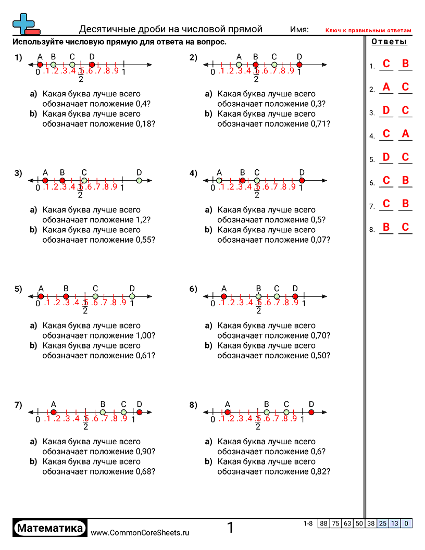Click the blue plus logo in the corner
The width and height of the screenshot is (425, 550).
pos(23,24)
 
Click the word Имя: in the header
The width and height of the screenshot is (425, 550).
pos(299,30)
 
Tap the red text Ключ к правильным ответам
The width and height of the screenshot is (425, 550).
pos(368,31)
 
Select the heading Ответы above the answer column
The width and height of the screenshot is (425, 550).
pos(389,42)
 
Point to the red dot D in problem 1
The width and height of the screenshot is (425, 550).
pos(92,65)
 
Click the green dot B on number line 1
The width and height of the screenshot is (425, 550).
pos(53,65)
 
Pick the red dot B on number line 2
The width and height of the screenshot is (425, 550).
pos(256,65)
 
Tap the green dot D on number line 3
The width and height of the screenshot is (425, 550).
pos(139,181)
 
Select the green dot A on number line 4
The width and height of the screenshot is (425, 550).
pos(219,181)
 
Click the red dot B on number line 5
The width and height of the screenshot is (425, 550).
pos(66,296)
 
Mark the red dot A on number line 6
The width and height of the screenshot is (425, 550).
pos(224,296)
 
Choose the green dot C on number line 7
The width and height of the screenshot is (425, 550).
pos(123,412)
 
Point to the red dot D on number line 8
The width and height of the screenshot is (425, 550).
pos(311,412)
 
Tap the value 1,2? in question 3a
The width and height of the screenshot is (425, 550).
pos(143,220)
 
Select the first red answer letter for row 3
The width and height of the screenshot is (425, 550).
pos(386,110)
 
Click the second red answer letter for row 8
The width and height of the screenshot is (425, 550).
pos(406,227)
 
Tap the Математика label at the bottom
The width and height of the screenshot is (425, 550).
pos(50,528)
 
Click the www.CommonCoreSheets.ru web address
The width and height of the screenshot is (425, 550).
pos(140,532)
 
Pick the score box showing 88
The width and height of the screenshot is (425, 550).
pos(324,523)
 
